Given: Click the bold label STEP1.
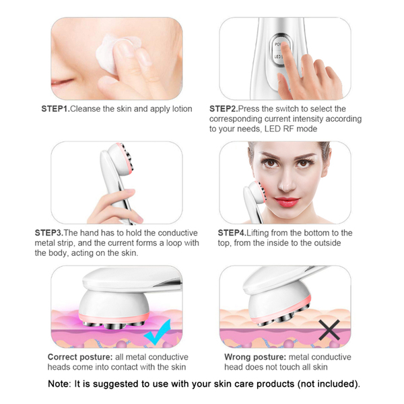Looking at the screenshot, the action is (x=56, y=108).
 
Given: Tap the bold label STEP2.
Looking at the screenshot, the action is (x=224, y=108).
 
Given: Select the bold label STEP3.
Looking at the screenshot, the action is (x=49, y=233).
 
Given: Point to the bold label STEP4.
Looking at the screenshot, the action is (x=232, y=233).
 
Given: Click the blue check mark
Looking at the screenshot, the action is (x=158, y=333).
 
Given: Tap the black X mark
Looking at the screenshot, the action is (x=329, y=330).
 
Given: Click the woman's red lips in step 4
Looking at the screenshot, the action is (x=287, y=201).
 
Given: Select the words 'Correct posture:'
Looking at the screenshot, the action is (x=80, y=357).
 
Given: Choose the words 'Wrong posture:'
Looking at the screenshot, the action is (x=255, y=357).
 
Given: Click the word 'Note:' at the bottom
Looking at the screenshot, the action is (x=60, y=384).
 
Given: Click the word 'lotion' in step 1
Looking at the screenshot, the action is (x=182, y=108).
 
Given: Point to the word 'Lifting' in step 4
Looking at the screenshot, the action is (x=258, y=233).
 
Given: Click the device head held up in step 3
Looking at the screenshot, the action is (x=121, y=159).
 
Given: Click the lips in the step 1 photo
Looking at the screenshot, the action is (x=61, y=83).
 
